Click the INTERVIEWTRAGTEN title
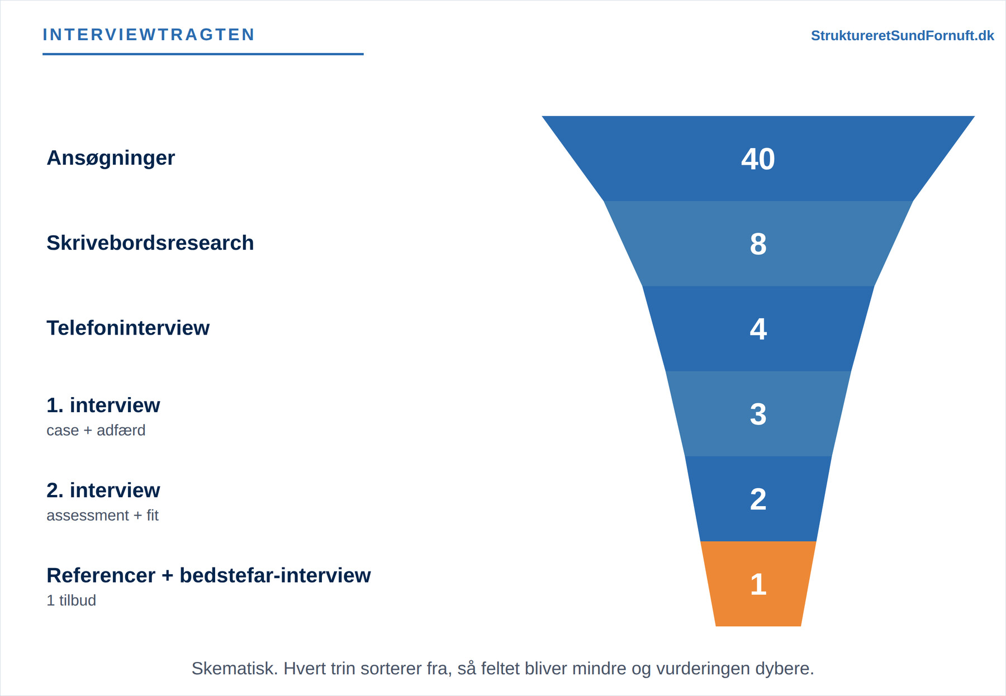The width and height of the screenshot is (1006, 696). coord(149,35)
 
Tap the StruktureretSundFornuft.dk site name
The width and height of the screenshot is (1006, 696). coord(902,36)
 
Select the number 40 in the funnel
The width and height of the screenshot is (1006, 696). coord(758,159)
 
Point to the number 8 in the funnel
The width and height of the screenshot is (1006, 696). coord(758,244)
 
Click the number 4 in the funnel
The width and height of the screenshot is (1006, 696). coord(758,329)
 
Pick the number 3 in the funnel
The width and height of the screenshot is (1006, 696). coord(758,414)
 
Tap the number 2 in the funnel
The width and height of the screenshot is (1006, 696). coord(758,499)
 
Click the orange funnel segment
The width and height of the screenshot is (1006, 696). coord(758,584)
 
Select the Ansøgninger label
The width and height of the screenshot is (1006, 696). coord(111,158)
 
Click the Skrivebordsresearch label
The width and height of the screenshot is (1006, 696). coord(150,243)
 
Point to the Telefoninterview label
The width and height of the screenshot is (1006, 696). coord(128,328)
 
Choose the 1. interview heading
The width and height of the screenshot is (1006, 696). coord(103,405)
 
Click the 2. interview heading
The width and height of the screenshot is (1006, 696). coord(103,490)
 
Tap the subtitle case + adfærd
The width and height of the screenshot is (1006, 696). coord(96,430)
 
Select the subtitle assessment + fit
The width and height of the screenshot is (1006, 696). coord(102,515)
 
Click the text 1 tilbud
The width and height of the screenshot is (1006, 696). coord(71,600)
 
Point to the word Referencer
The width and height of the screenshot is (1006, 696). coord(101,575)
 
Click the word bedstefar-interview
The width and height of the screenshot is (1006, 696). coord(275,575)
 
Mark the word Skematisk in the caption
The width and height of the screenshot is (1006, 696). coord(235,668)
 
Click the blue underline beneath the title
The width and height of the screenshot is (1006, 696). coord(203,54)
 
